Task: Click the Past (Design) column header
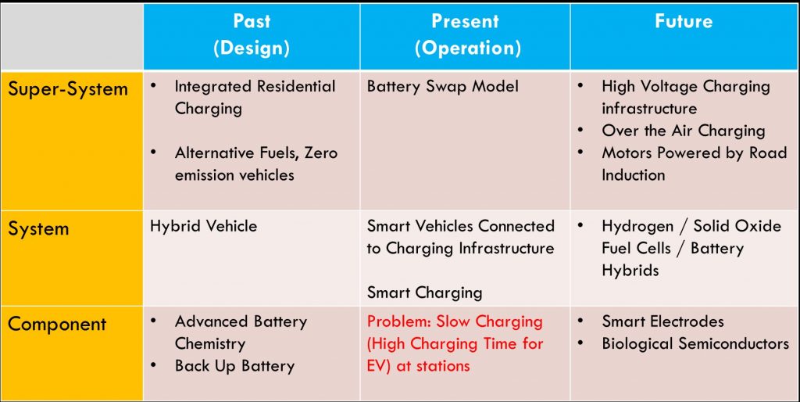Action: point(251,34)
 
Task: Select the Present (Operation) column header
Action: point(466,34)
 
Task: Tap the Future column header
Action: point(684,21)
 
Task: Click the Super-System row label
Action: point(68,89)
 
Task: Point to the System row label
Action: point(38,228)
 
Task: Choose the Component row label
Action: point(57,324)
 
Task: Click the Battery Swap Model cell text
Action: point(442,86)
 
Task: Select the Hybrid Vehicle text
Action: point(204,226)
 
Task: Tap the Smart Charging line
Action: point(424,293)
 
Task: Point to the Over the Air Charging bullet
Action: point(683,131)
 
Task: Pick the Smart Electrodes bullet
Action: point(662,321)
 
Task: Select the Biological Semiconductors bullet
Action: point(695,343)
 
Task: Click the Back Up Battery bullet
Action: point(234,366)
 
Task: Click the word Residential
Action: point(296,86)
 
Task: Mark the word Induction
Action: point(633,174)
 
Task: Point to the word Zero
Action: point(321,153)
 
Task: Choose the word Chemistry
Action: point(210,344)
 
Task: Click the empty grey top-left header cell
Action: point(71,36)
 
